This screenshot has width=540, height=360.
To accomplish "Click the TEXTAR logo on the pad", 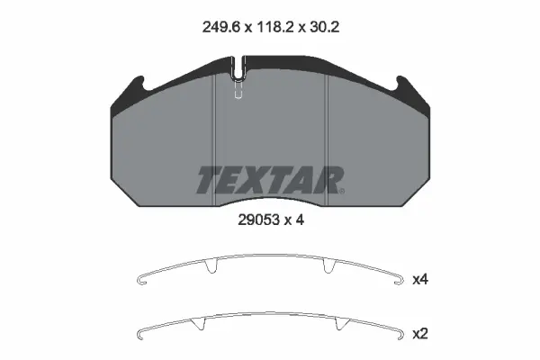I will click(x=267, y=180).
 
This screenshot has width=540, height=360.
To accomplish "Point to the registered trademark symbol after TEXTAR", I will click(x=341, y=190).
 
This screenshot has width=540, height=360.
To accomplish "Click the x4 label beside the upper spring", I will click(x=418, y=280).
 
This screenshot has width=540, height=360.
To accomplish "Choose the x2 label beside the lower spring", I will click(x=418, y=334).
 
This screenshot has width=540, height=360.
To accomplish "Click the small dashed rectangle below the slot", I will click(x=238, y=93).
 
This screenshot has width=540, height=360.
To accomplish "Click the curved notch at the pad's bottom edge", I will click(x=268, y=202).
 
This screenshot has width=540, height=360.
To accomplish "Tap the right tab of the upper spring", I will click(x=333, y=266).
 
